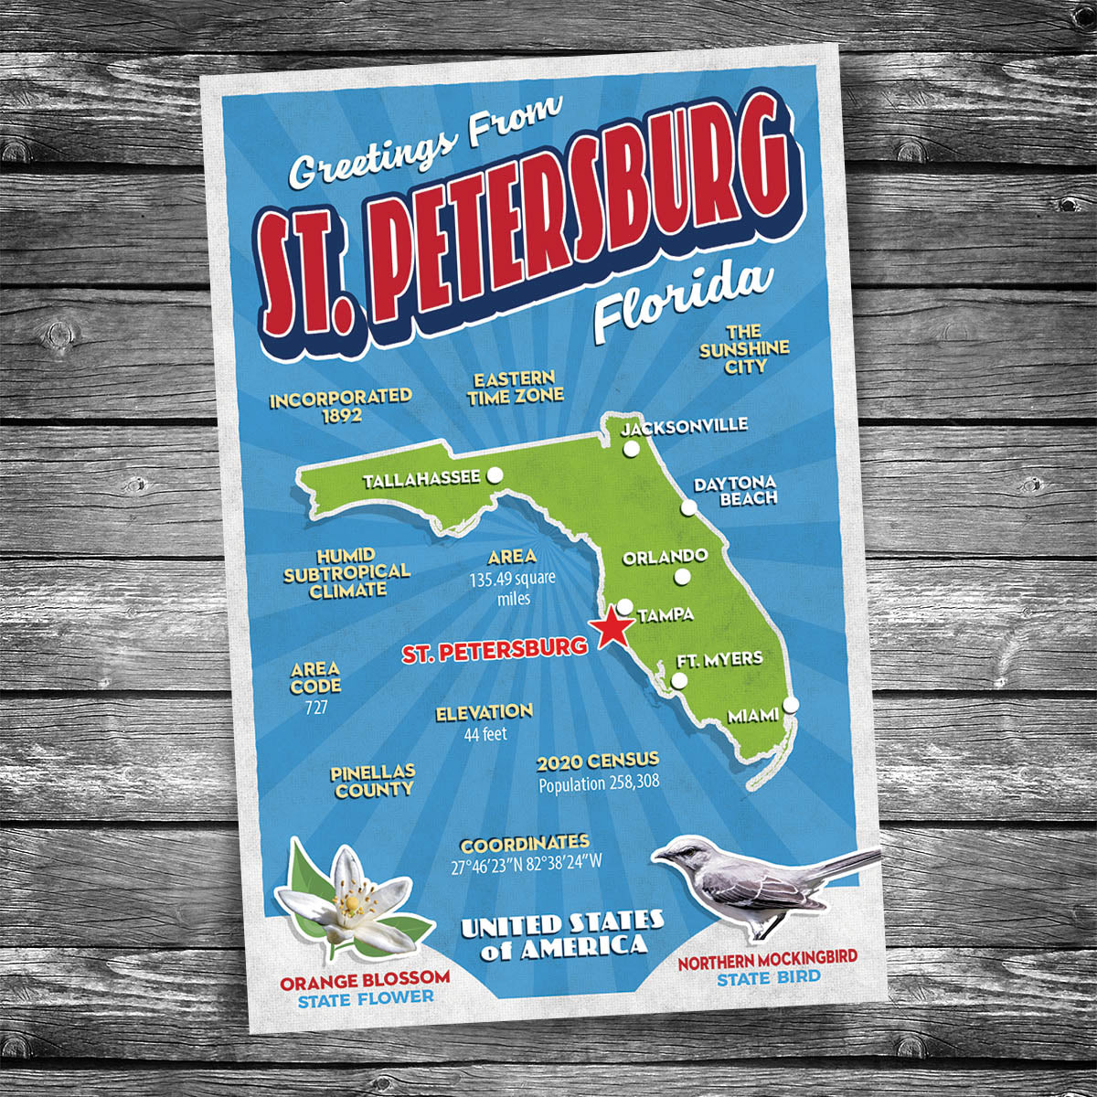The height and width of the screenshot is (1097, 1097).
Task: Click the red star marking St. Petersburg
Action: click(611, 628)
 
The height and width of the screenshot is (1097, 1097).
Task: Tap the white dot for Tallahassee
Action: click(495, 474)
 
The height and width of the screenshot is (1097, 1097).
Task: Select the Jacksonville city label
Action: click(684, 426)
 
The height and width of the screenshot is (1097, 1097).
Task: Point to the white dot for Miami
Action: click(791, 704)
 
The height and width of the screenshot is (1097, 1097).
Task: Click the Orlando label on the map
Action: click(665, 557)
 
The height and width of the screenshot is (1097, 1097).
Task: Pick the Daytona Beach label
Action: click(735, 491)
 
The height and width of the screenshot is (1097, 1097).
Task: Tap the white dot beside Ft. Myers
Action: click(678, 681)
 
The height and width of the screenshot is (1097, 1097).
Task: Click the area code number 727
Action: click(316, 707)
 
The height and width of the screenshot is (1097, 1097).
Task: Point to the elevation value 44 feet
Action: click(485, 733)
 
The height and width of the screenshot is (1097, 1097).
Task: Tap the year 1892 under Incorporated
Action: click(341, 416)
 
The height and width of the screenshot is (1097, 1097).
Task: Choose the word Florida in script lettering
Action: click(681, 299)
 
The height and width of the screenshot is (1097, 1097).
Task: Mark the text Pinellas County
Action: click(373, 782)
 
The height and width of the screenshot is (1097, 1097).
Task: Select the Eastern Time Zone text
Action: click(515, 388)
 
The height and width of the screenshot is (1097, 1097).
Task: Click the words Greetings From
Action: click(424, 147)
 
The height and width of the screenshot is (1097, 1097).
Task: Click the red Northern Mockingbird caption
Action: click(767, 959)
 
